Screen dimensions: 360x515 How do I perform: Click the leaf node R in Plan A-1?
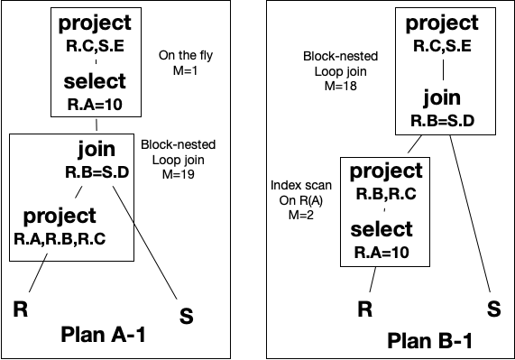pos(19,309)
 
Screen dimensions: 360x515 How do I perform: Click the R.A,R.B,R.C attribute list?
pos(60,238)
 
